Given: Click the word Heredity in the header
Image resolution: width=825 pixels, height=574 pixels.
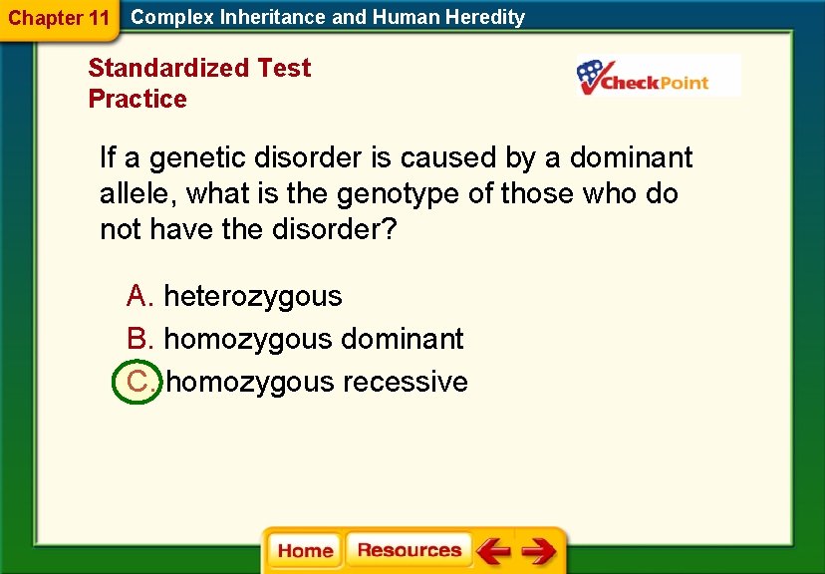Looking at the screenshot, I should point(485,17).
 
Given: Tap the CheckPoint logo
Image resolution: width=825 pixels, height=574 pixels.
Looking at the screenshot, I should point(658,77).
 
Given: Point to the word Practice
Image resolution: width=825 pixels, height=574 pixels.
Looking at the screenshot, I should point(137,99).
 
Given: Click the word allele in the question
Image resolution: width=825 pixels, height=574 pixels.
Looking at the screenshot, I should point(136,193).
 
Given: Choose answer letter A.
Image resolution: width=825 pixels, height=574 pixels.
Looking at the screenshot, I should point(138,296).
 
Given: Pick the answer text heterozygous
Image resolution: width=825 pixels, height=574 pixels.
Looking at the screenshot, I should point(252,296).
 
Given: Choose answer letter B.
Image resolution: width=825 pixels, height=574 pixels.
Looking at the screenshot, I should point(138,339).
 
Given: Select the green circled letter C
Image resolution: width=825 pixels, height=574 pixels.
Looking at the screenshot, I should point(137,382).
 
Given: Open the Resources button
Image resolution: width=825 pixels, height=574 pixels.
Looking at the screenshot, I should point(409,551).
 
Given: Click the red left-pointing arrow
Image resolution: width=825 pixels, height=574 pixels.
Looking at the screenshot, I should point(492,551).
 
